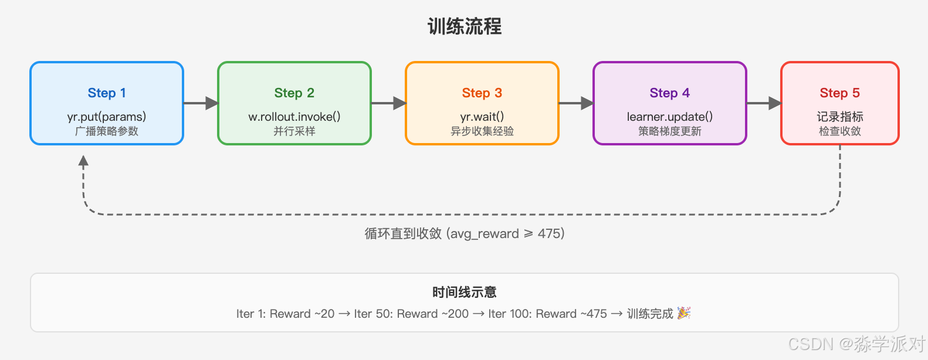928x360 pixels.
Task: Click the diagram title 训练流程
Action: [x=464, y=26]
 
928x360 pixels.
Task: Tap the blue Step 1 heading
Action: [x=107, y=93]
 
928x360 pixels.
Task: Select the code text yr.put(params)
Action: [x=107, y=116]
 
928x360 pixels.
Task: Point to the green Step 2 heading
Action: [x=294, y=93]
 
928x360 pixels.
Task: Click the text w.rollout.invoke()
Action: [x=294, y=116]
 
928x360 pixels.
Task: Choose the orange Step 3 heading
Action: [x=482, y=93]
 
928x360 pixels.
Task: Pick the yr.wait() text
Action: [x=482, y=116]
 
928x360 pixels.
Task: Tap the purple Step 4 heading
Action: [x=670, y=93]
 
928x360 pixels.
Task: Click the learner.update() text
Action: [x=670, y=116]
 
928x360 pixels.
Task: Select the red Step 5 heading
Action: [x=840, y=93]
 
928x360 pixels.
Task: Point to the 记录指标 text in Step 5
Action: [x=840, y=116]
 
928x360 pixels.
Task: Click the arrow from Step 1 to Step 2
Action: [x=201, y=103]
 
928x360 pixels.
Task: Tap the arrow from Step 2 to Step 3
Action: [x=388, y=103]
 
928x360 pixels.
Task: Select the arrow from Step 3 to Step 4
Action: [x=576, y=103]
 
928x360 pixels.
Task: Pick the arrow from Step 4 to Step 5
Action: [x=764, y=103]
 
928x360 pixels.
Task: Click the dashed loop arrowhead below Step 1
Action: [x=84, y=161]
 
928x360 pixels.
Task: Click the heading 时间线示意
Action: [x=464, y=292]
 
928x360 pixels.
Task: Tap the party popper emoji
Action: [x=683, y=313]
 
